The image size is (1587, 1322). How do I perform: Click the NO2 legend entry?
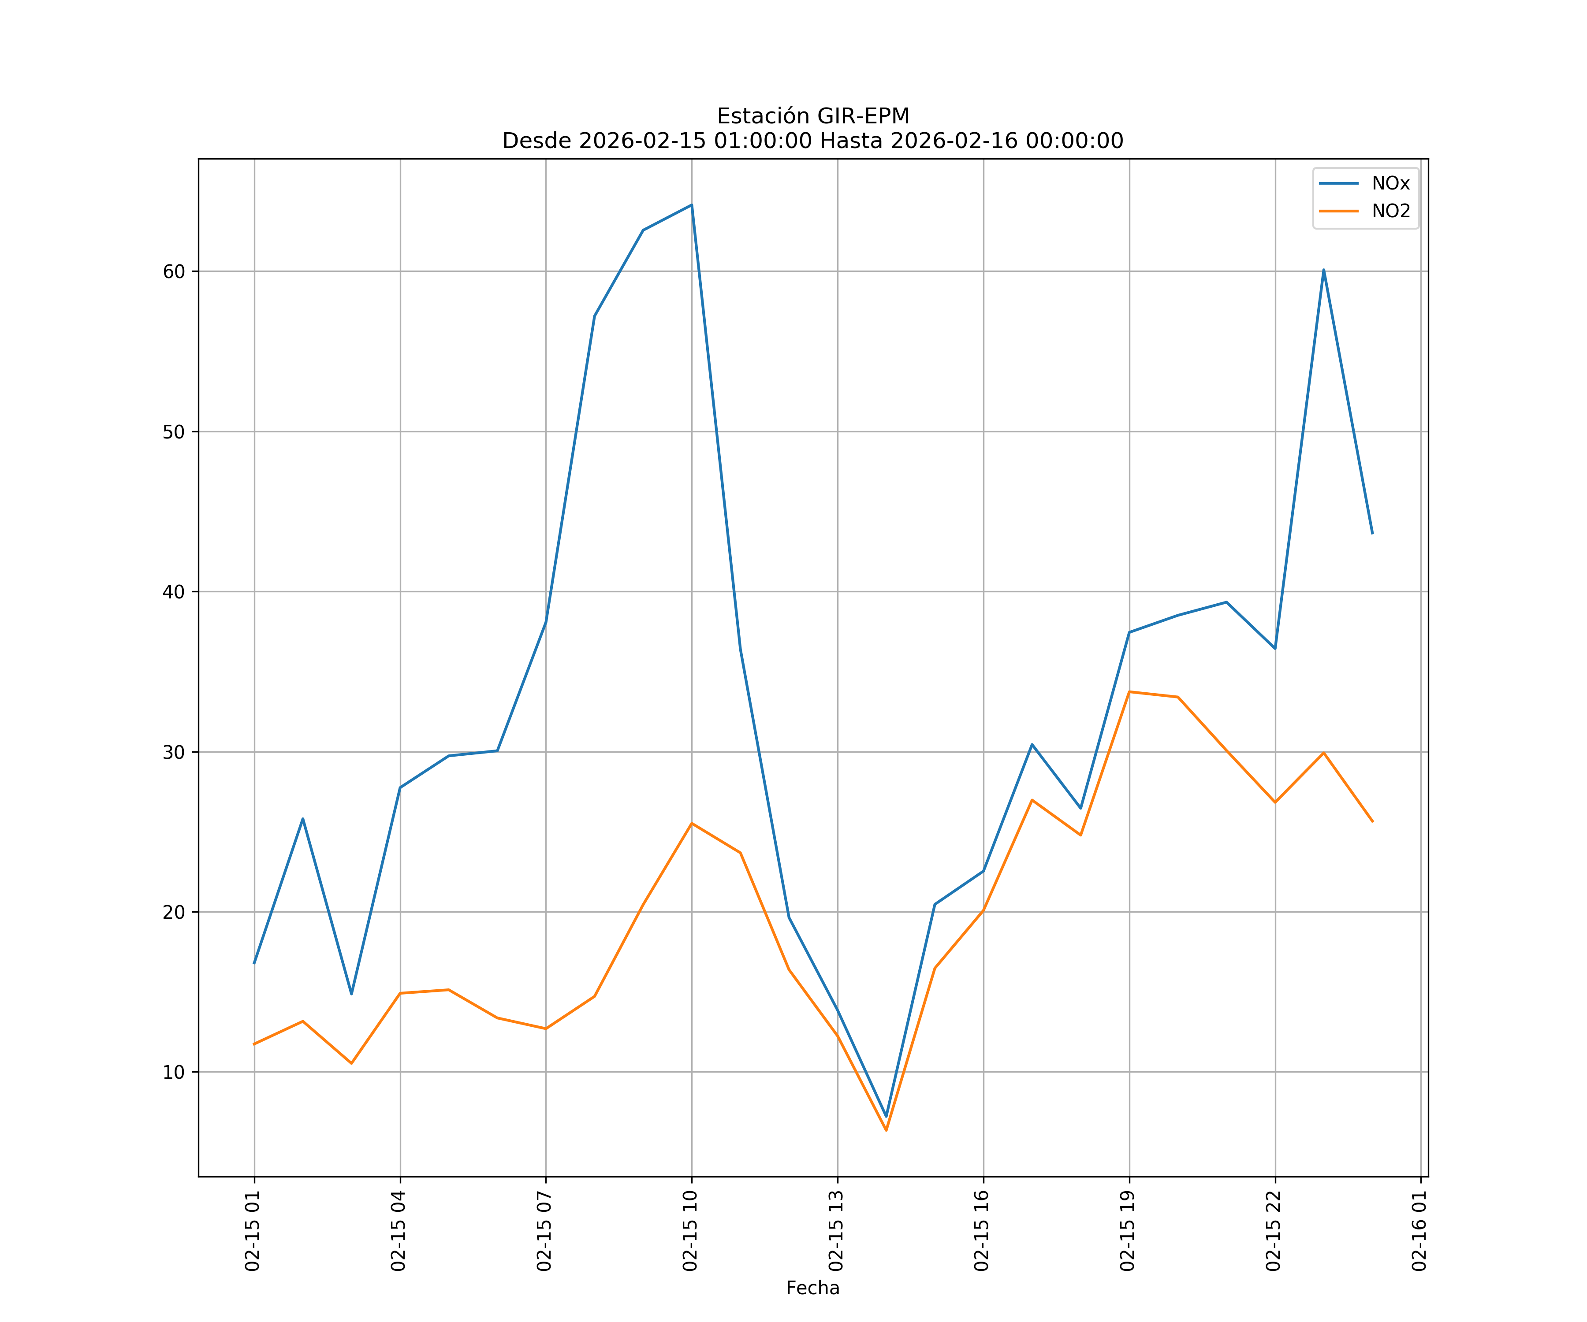1390,212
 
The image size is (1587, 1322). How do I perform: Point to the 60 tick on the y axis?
174,271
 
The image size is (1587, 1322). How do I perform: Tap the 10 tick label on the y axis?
174,1072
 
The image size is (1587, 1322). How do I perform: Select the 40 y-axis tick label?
174,591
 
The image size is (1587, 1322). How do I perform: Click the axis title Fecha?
812,1288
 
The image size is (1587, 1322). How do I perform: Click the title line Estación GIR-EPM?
812,116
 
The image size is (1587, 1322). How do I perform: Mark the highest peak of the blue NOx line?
692,205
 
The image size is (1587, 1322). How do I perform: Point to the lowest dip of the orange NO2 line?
887,1130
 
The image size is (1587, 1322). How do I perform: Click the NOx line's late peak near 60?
1323,270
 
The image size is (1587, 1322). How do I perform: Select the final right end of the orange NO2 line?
1372,821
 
